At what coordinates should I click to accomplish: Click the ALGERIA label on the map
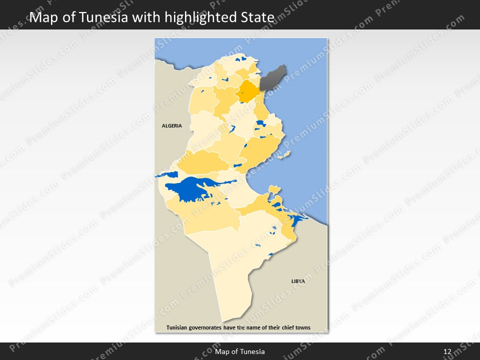171,125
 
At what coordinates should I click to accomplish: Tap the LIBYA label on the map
298,281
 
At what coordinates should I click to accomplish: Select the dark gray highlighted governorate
272,76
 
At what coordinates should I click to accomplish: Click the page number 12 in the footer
447,351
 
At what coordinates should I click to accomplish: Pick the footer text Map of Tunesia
240,351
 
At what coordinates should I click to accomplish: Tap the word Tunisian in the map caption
177,328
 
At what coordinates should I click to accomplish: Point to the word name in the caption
252,328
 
